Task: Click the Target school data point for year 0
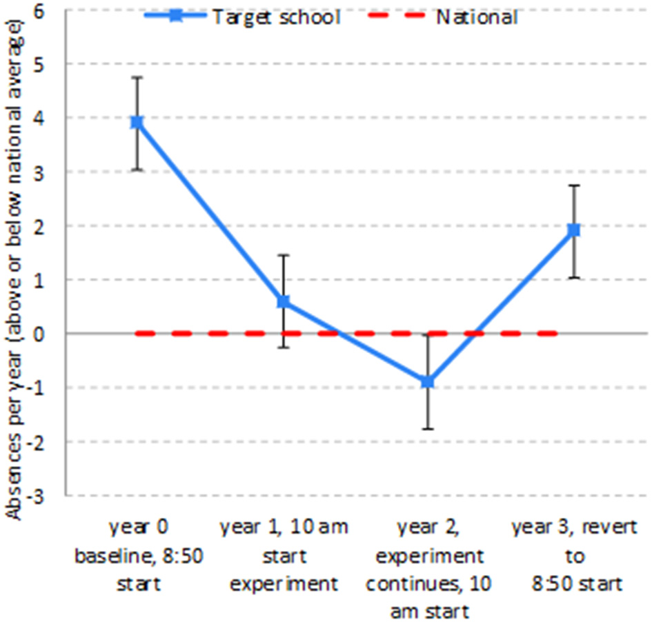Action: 137,122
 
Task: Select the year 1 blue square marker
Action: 283,301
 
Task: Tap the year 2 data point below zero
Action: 428,381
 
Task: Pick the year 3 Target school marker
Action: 573,230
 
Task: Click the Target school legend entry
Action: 241,17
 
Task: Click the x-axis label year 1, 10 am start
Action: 284,556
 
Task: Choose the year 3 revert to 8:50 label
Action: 567,556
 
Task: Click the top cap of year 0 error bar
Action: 137,77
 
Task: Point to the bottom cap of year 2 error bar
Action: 428,429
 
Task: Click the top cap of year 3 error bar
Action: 573,185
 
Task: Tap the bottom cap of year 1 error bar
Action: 283,347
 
